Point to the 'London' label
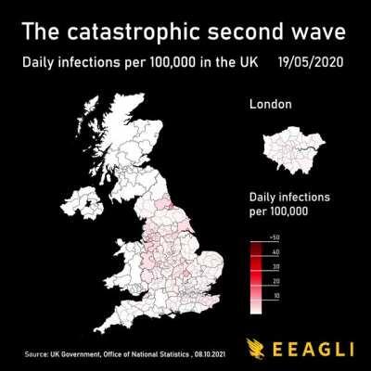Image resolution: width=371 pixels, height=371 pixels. [x=271, y=105]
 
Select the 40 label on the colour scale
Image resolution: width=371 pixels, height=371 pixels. [x=275, y=252]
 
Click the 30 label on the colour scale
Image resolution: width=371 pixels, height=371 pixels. [x=275, y=266]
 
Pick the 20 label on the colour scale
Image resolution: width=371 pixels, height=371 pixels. [x=275, y=280]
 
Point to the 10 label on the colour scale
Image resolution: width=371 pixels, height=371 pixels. [x=275, y=294]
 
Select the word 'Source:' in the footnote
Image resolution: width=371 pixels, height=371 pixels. [x=37, y=353]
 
